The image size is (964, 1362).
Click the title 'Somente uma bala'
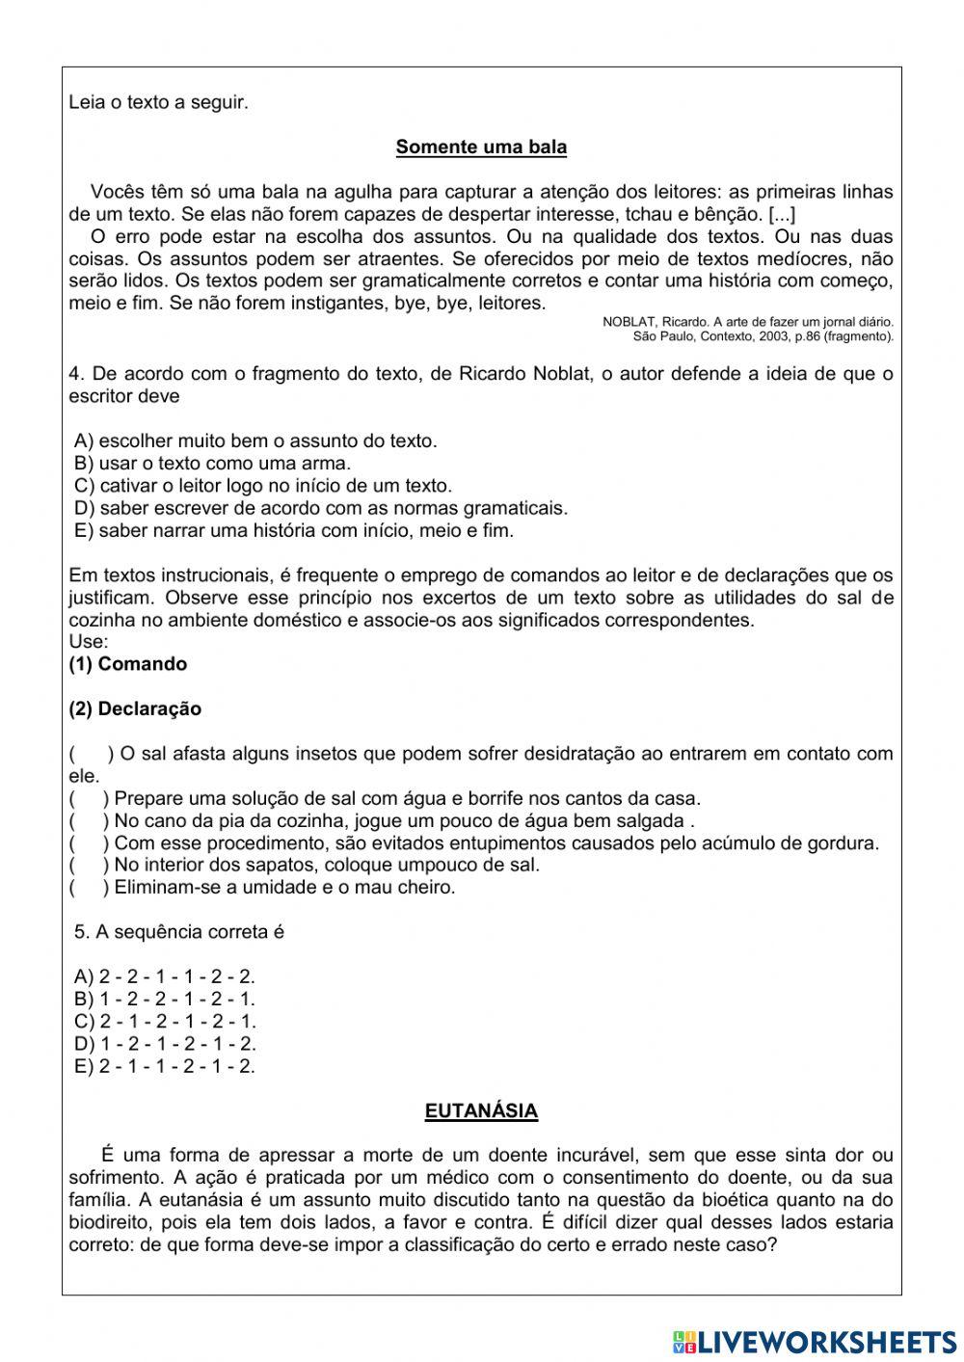click(481, 147)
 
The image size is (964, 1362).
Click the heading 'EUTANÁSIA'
click(481, 1110)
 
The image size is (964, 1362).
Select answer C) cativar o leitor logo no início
click(262, 486)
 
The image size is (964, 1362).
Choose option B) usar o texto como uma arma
click(212, 464)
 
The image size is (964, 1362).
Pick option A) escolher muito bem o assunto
click(255, 441)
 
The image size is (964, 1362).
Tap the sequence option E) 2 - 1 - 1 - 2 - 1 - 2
click(165, 1066)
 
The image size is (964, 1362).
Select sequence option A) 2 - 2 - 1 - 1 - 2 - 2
click(165, 976)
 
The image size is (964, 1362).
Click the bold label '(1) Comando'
click(128, 664)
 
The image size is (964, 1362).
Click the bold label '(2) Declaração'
click(135, 708)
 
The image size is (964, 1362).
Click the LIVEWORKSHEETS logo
click(815, 1341)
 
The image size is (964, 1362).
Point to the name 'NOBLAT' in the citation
click(629, 322)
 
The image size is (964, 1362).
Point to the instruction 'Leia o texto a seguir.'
click(159, 102)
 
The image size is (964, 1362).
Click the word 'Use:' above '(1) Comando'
click(89, 642)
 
